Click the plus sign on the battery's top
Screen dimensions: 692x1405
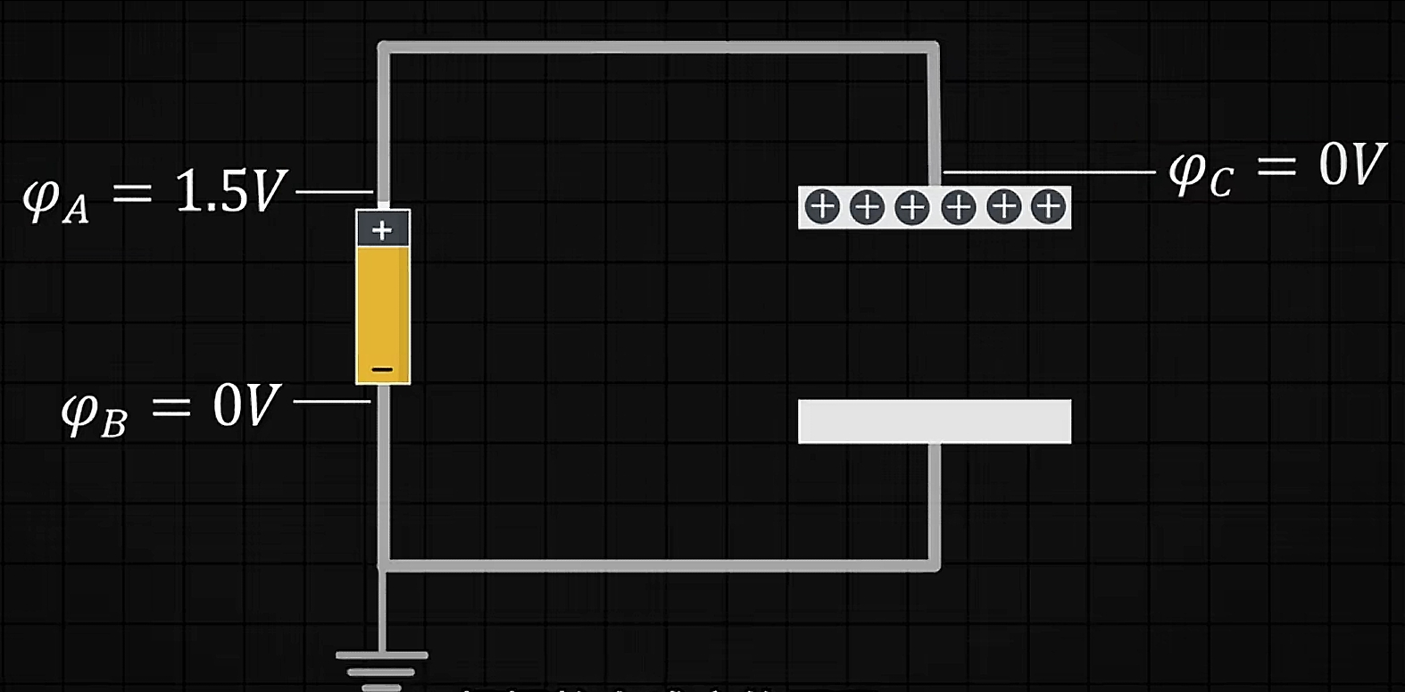tap(382, 230)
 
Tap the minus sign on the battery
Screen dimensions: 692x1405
tap(382, 369)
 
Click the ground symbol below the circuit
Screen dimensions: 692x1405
tap(382, 670)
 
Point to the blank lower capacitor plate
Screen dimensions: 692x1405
tap(934, 421)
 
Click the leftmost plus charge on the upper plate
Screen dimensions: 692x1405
tap(822, 207)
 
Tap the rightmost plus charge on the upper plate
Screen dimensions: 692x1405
tap(1048, 207)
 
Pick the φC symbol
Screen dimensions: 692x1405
tap(1199, 171)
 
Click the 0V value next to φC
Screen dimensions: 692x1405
tap(1351, 164)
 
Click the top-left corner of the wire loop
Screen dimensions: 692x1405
tap(383, 47)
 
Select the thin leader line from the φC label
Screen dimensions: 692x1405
tap(1049, 171)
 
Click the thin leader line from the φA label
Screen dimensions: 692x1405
tap(334, 191)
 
